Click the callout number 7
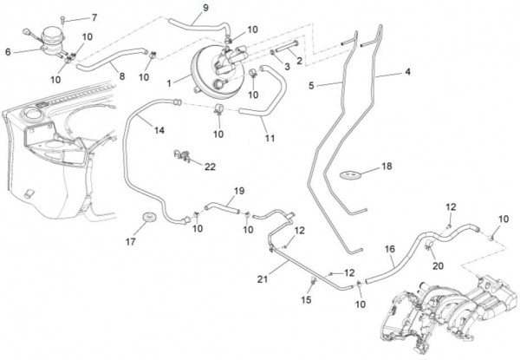point(94,17)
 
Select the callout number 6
point(8,51)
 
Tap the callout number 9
point(205,9)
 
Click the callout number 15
point(305,300)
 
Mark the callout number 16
point(390,249)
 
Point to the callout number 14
point(159,130)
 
